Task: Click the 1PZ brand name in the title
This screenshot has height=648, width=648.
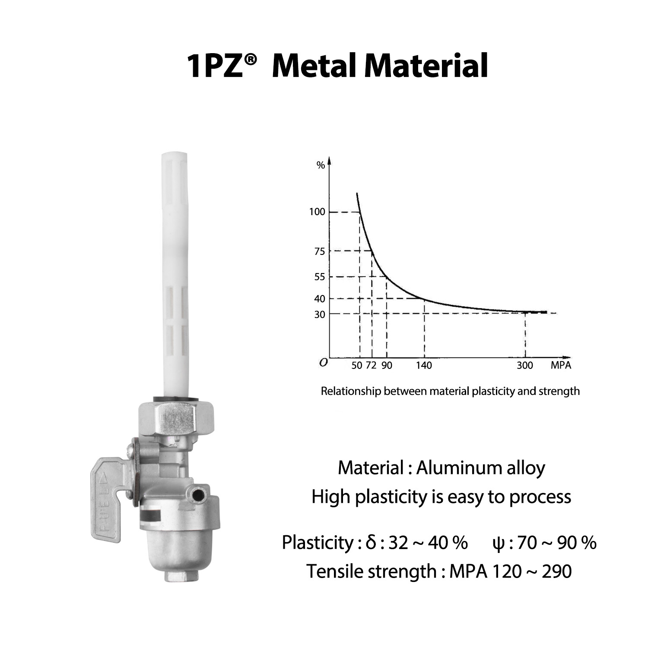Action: (215, 66)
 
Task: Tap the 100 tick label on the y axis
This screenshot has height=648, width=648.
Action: (317, 212)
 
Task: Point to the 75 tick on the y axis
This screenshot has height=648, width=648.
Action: (319, 251)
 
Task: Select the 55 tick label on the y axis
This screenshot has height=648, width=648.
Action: (319, 277)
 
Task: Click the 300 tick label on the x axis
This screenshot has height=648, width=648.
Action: (525, 365)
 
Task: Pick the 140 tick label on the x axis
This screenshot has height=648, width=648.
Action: (424, 365)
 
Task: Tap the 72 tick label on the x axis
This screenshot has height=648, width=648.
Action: (371, 365)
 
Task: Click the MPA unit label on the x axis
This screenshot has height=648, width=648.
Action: (561, 365)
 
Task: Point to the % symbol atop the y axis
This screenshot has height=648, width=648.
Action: (321, 165)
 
